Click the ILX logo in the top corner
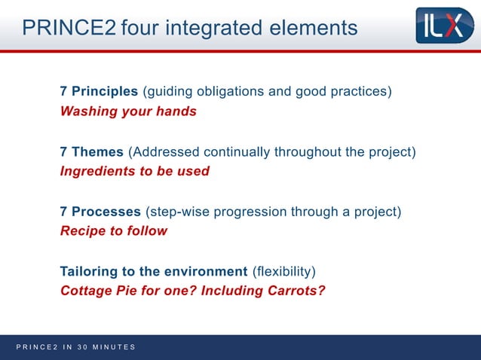point(445,26)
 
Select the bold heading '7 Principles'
point(99,92)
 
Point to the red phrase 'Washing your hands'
point(128,111)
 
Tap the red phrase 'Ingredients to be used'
point(134,171)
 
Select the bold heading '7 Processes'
point(100,211)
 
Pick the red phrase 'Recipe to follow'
point(113,230)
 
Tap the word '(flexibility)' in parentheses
point(283,270)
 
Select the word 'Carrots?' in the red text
point(296,290)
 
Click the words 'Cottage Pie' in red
point(97,290)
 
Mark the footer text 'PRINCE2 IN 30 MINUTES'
point(75,347)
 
